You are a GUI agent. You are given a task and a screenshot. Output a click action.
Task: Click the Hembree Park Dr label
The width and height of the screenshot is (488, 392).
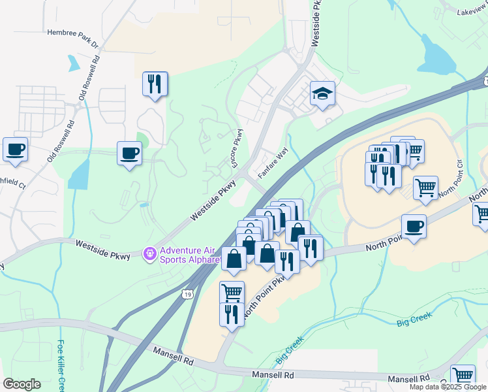tap(72, 38)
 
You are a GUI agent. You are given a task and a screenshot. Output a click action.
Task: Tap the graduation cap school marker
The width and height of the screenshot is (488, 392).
tap(322, 93)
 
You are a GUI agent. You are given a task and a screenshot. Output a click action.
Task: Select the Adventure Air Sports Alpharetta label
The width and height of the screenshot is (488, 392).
tap(192, 253)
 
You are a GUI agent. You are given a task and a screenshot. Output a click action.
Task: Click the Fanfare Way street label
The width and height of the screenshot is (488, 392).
tap(273, 163)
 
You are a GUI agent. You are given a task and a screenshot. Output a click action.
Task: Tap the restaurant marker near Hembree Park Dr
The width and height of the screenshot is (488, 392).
tap(155, 84)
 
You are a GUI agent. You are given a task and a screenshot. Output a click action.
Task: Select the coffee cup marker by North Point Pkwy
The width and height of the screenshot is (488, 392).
tap(414, 227)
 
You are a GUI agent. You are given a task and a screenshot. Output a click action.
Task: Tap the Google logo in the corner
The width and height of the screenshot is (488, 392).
tap(22, 384)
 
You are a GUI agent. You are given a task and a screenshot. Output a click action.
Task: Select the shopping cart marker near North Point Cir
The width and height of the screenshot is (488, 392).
tap(425, 188)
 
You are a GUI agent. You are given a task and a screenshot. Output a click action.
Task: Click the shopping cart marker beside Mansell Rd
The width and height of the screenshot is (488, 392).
tap(463, 376)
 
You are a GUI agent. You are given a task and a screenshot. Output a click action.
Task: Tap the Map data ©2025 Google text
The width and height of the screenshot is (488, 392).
tap(448, 387)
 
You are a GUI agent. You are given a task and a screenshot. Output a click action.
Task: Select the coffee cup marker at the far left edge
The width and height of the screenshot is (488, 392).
tap(15, 149)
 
